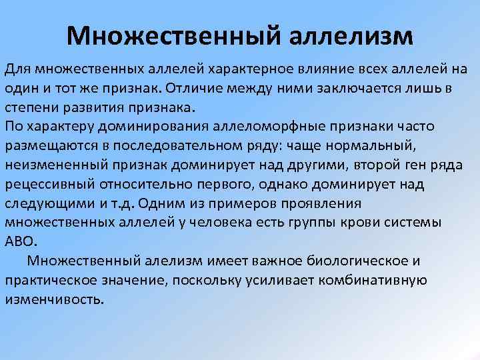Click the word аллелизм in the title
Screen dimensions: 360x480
click(x=351, y=35)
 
